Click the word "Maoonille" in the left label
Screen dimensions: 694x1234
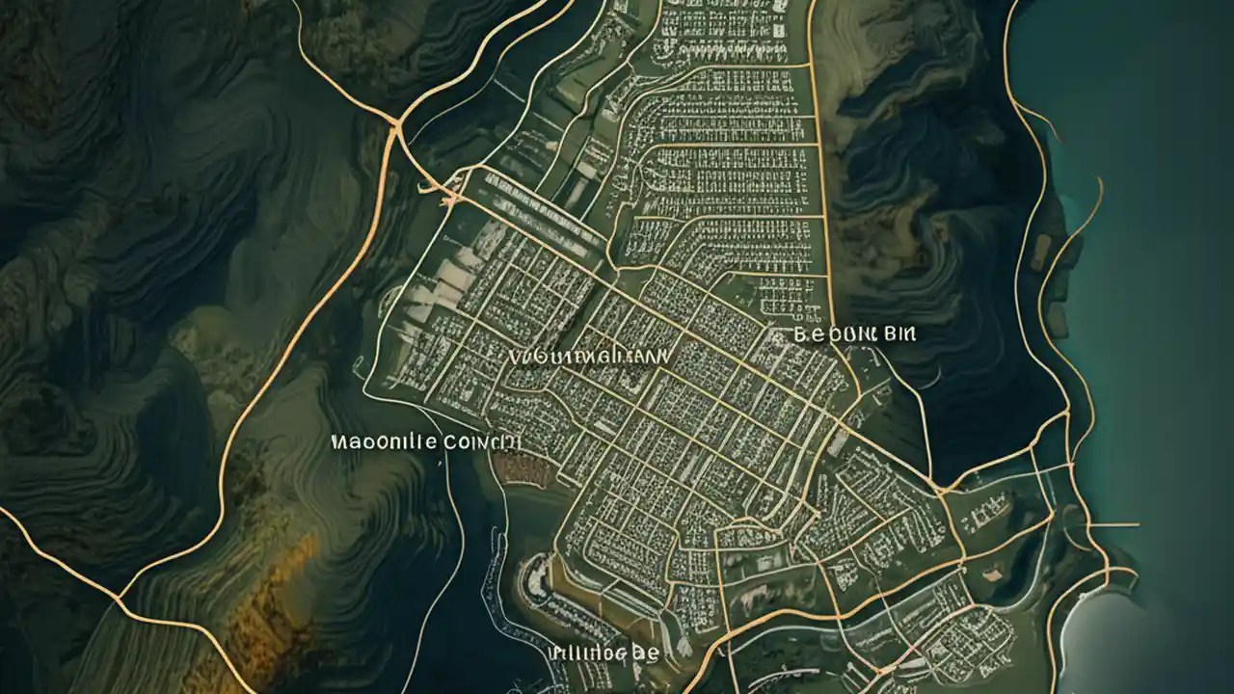pyautogui.click(x=383, y=442)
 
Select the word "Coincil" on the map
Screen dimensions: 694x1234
pyautogui.click(x=482, y=442)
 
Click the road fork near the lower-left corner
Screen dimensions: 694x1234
pyautogui.click(x=118, y=599)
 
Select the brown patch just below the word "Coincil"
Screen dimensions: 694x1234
pyautogui.click(x=521, y=468)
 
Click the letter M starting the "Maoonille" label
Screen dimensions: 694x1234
pyautogui.click(x=337, y=442)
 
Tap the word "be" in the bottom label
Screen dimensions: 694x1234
pyautogui.click(x=645, y=653)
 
